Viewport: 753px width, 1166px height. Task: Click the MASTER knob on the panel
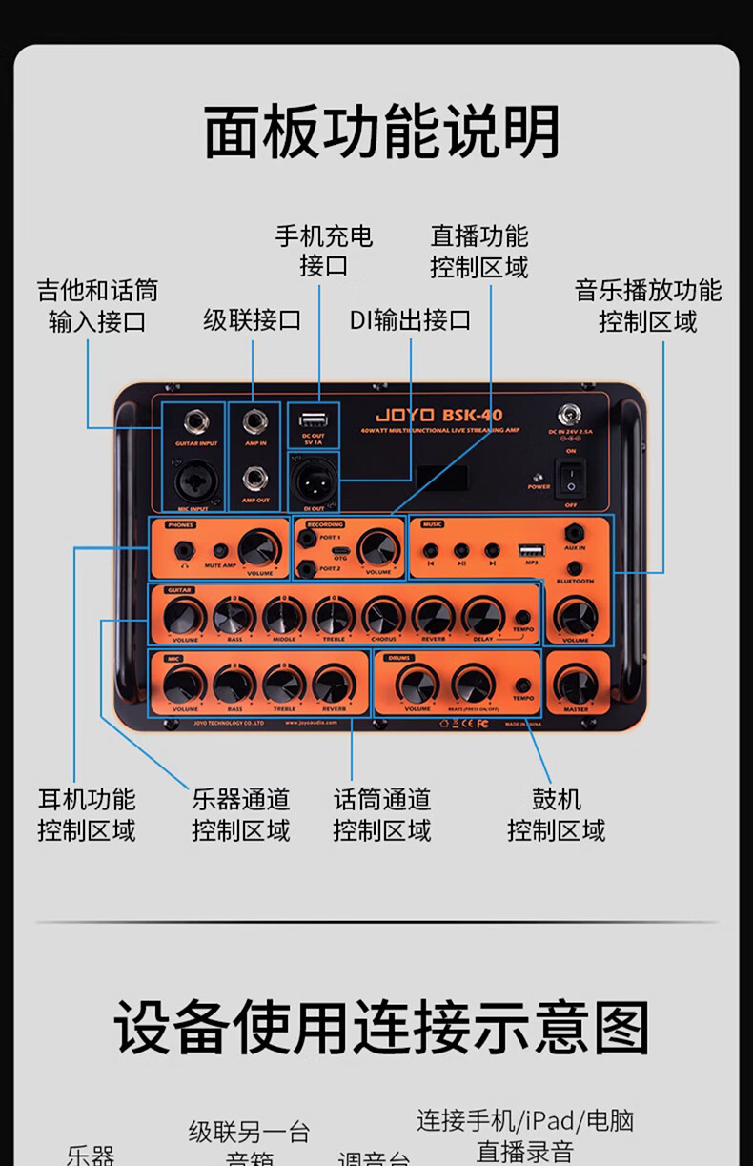[577, 685]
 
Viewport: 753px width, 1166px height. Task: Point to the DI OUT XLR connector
[313, 474]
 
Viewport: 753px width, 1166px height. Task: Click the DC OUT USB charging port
[313, 418]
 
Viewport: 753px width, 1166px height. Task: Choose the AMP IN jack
[254, 421]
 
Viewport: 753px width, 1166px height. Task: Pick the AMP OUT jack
[254, 477]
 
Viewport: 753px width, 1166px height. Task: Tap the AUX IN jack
[575, 532]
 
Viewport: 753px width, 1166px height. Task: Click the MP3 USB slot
[529, 550]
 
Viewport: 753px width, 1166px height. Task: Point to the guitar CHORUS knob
[383, 617]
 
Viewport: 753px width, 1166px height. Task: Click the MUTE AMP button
[220, 551]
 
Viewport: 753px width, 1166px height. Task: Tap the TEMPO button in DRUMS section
[523, 685]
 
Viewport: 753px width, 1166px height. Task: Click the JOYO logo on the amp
[404, 415]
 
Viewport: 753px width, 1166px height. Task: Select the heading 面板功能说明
[381, 132]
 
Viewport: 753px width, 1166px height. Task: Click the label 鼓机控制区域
[556, 814]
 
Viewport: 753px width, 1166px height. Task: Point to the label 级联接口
[252, 319]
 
